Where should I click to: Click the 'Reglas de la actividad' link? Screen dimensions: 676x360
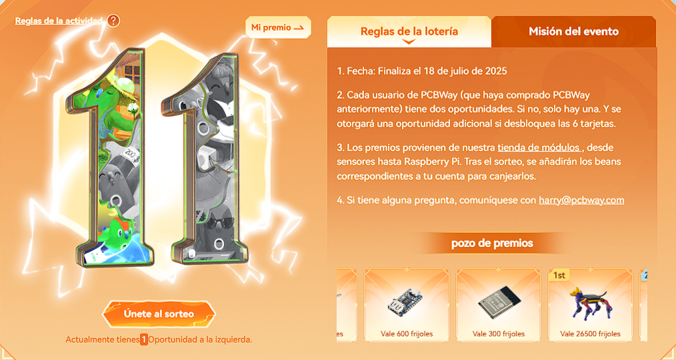59,21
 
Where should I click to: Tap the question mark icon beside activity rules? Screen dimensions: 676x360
113,20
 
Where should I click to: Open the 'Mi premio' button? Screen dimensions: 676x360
278,28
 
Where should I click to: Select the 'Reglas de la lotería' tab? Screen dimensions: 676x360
409,31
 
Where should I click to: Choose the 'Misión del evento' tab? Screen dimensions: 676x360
573,31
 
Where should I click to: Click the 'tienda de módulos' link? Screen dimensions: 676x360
540,147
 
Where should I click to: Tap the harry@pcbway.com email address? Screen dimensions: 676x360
581,200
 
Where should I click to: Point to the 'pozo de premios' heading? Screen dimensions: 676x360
492,243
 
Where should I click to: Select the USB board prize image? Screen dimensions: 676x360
406,301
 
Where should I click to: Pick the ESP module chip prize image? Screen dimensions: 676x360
499,301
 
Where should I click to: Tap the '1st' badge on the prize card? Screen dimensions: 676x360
559,275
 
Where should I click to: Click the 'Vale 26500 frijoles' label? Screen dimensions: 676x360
590,334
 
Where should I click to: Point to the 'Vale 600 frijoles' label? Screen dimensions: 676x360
407,334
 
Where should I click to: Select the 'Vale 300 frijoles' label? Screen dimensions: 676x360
498,334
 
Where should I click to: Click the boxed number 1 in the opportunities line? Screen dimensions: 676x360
144,340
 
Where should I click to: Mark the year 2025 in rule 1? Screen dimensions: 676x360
496,71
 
